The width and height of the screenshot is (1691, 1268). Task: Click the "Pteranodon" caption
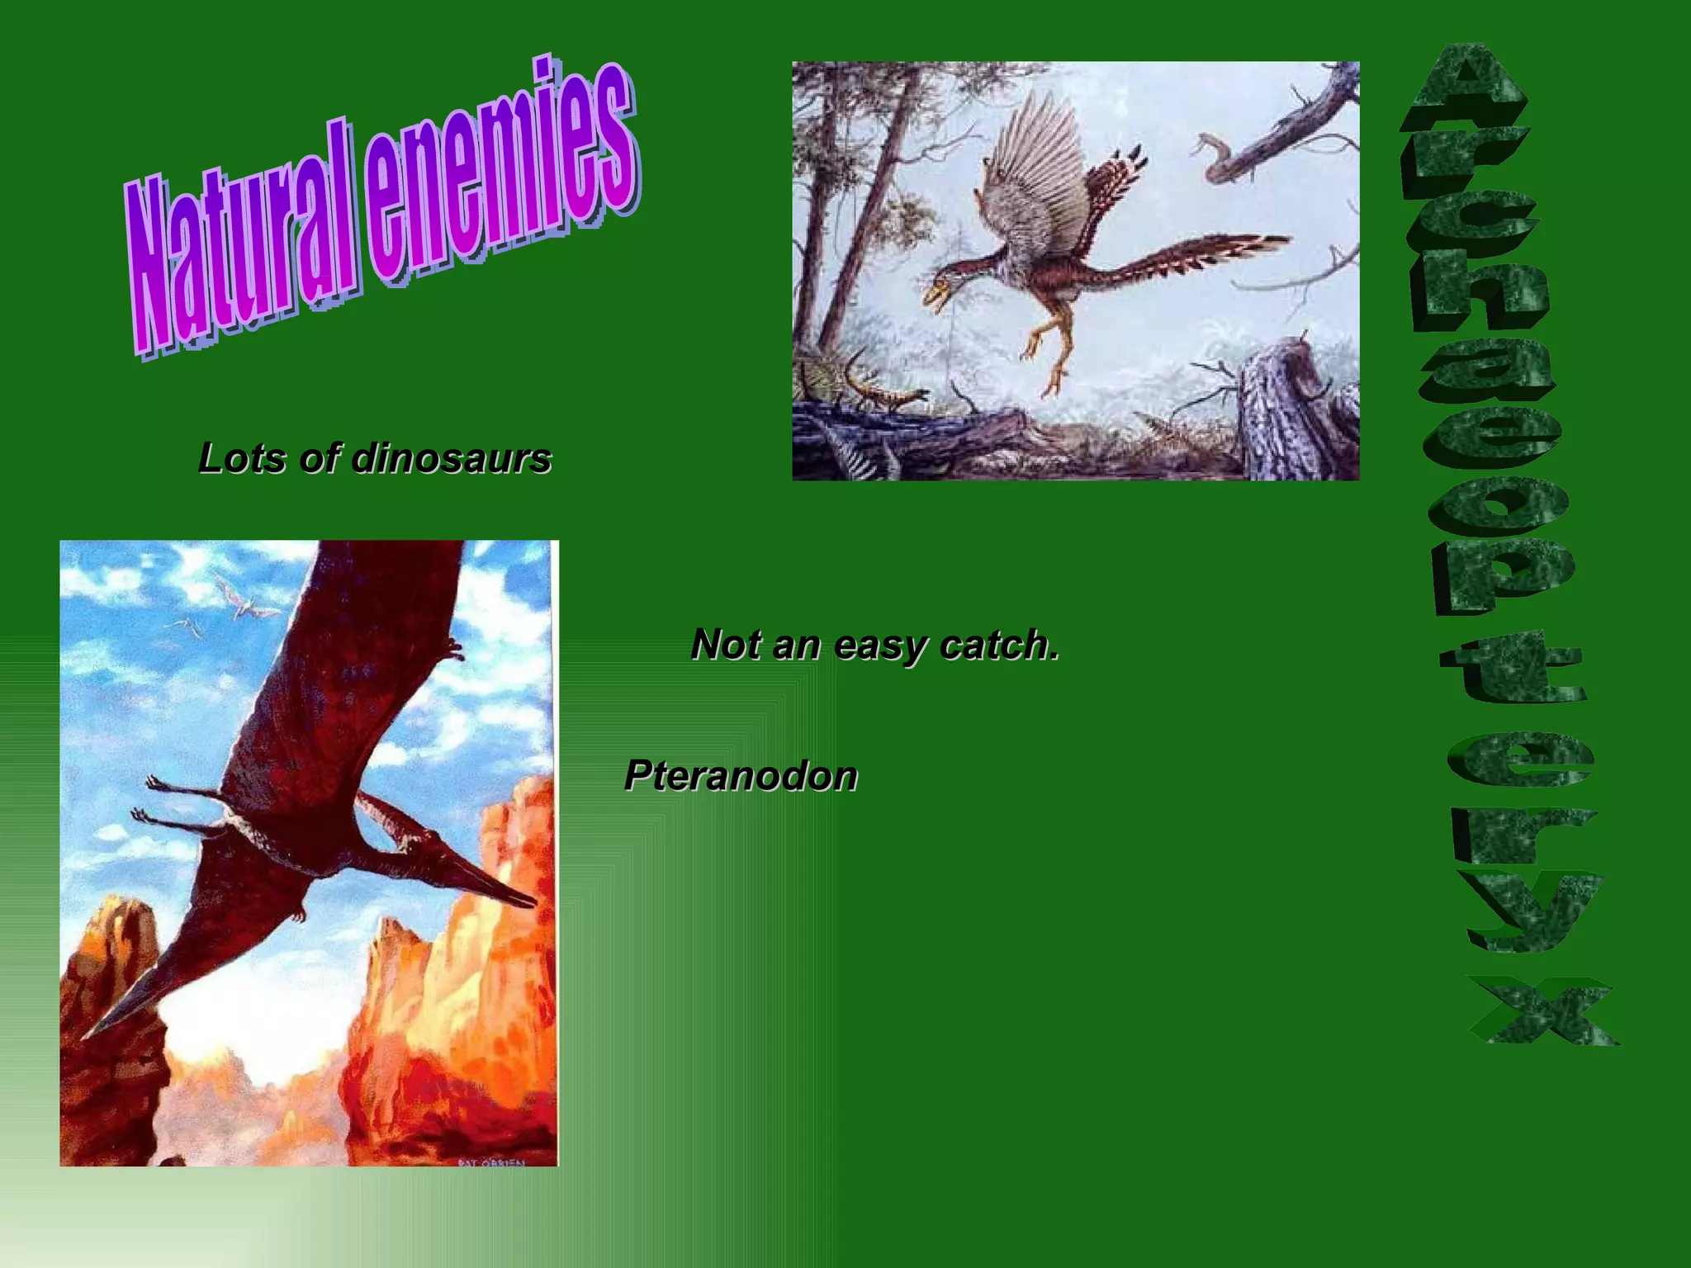coord(741,776)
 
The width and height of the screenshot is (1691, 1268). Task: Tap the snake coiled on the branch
coord(1214,157)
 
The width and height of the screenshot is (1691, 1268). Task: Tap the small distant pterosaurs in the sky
coord(239,599)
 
